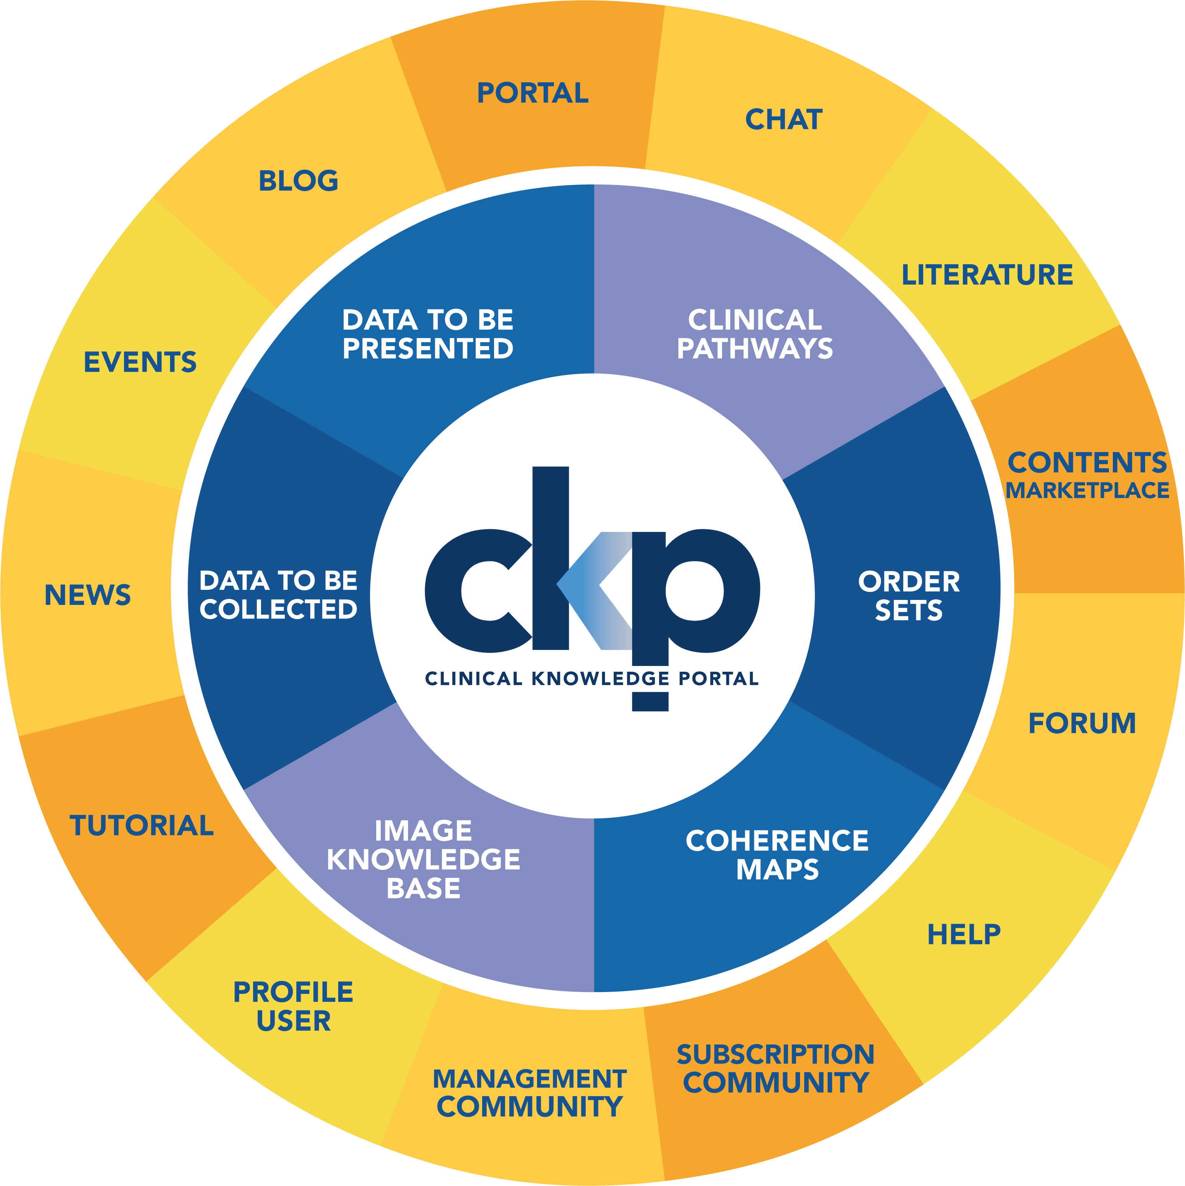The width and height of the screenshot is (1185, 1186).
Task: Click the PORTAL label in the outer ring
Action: point(533,93)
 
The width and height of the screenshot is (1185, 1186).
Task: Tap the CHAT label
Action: point(783,120)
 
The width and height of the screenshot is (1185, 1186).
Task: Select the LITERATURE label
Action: point(987,275)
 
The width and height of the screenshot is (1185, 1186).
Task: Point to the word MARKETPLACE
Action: point(1087,490)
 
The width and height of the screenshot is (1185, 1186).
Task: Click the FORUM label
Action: point(1082,723)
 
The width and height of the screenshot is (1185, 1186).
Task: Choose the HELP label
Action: point(964,934)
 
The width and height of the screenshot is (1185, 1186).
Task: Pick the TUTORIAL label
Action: point(142,826)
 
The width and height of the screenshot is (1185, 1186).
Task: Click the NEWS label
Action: point(88,595)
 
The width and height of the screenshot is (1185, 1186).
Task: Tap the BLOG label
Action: point(298,181)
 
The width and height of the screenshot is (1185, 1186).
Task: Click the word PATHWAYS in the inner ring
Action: point(755,349)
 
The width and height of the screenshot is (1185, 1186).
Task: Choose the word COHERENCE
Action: point(777,841)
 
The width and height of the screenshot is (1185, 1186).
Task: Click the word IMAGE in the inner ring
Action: point(423,831)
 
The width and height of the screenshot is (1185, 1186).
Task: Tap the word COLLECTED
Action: point(279,610)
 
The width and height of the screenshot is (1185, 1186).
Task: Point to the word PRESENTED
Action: point(428,349)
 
